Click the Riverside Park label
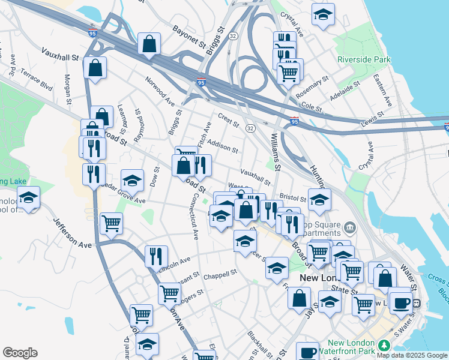coord(364,60)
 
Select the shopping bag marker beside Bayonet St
coord(149,43)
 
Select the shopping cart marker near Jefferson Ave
coord(112,224)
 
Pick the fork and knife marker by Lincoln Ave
coord(156,256)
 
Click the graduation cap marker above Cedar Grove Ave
coord(132,180)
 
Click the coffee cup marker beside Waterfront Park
coord(309,352)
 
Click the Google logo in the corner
coord(20,353)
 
